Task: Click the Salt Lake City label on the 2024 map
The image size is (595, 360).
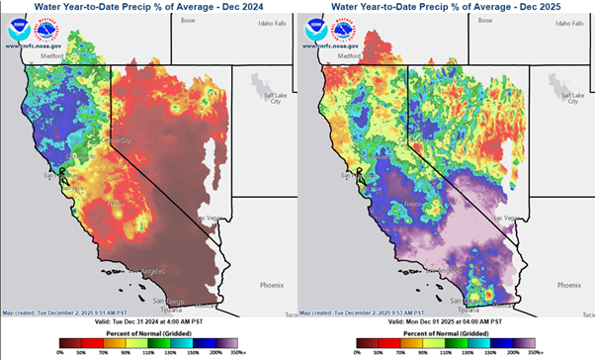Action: [x=273, y=96]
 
